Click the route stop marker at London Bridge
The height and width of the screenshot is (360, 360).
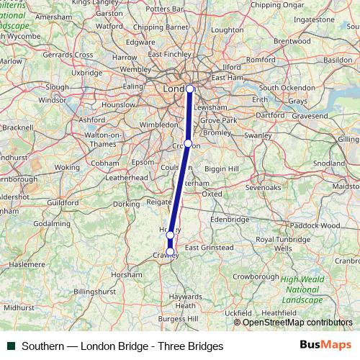pos(190,89)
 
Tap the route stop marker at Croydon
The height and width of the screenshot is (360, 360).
pos(187,144)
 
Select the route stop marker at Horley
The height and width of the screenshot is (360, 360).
pos(170,235)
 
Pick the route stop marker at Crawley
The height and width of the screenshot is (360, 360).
pos(171,251)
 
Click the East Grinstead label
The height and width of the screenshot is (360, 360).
pos(210,248)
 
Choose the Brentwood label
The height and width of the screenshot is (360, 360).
pos(291,42)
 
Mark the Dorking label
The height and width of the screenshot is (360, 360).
pos(126,204)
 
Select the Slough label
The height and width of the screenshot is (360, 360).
pos(57,86)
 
